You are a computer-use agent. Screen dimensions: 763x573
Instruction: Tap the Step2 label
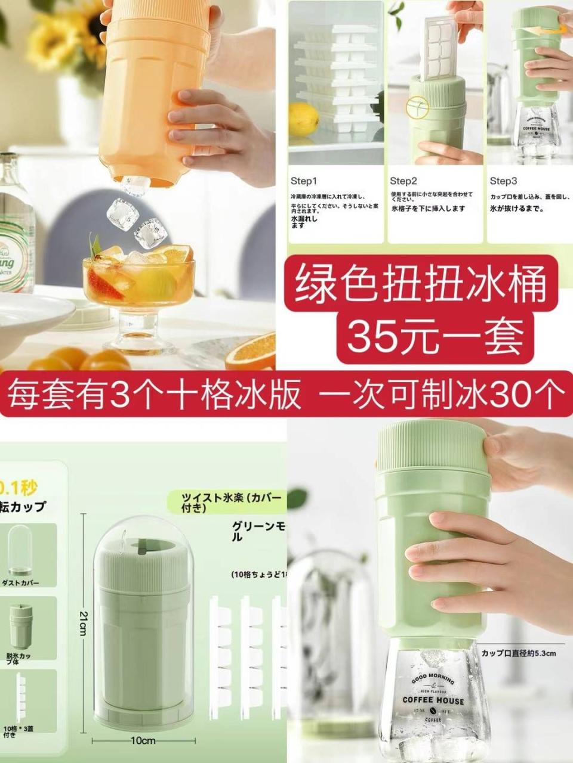pos(403,181)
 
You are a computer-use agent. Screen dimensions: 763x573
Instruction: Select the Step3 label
pos(503,181)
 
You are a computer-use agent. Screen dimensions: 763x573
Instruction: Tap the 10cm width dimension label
pos(143,740)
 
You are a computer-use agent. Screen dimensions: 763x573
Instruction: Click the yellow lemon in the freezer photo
pos(304,119)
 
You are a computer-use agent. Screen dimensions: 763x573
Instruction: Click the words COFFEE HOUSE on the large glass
pos(433,700)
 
